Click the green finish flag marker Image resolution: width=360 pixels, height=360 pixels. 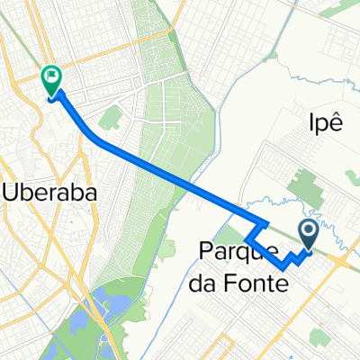tap(51, 80)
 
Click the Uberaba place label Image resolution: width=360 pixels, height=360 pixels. tap(51, 192)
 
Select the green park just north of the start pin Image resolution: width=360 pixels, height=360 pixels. tap(301, 184)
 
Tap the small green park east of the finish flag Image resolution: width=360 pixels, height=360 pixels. tap(112, 118)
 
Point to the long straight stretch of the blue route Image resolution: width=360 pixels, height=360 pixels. tap(180, 175)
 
